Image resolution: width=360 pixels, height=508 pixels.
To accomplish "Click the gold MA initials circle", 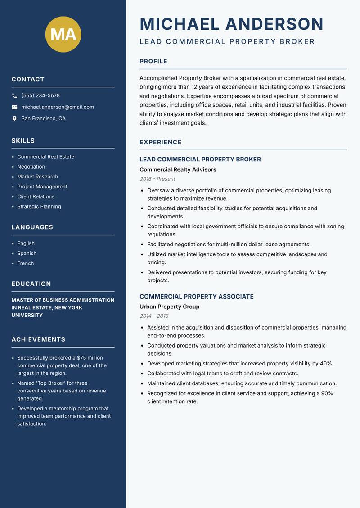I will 63,34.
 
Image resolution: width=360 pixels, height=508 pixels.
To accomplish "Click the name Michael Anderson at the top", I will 231,24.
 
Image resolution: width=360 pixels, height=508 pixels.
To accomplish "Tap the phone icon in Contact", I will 14,96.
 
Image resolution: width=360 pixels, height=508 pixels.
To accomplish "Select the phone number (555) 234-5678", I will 40,96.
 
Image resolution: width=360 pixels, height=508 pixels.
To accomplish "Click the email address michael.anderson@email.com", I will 58,107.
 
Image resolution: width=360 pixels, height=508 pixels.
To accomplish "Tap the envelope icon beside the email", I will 14,107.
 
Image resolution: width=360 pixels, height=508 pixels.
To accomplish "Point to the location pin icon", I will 14,119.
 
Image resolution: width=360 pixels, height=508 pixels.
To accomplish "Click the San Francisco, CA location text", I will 43,119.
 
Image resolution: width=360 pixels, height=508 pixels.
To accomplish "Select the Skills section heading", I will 23,141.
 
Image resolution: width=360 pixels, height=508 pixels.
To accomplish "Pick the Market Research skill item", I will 37,177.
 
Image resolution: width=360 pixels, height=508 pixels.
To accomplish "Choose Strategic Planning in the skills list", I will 39,207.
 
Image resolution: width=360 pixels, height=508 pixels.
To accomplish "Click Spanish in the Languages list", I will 27,254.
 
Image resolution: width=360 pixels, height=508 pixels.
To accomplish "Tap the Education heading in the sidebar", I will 31,284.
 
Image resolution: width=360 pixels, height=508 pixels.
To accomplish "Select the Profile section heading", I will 153,62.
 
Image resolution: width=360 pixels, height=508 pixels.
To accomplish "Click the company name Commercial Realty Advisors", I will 178,169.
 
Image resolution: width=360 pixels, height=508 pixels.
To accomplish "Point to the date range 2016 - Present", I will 157,179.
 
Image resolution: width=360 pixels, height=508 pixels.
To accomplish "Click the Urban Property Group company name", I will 169,307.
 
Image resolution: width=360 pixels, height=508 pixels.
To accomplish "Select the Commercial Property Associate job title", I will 196,297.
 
